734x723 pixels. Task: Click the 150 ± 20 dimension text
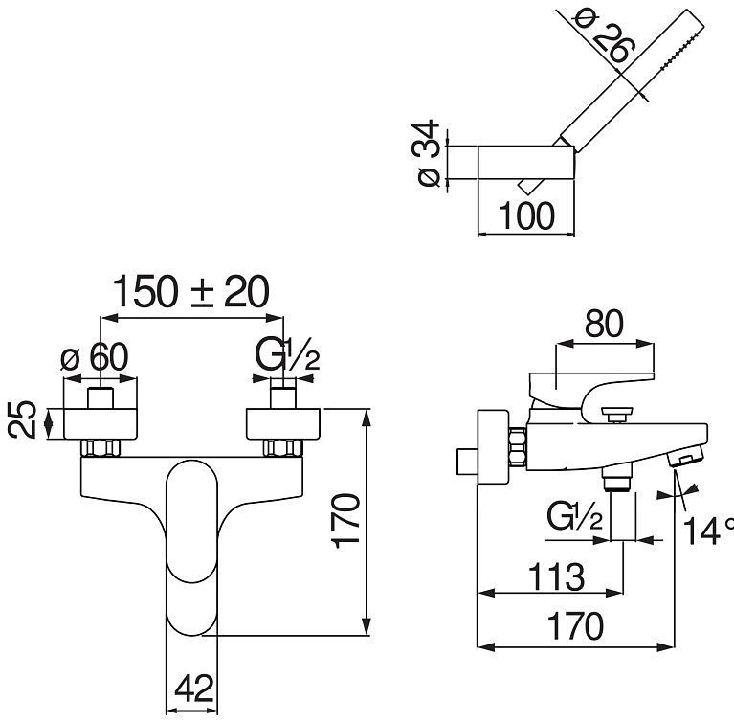pos(191,291)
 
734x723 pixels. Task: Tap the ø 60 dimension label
pos(94,356)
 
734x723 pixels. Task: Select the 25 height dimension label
pos(22,419)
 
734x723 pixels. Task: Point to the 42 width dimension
pos(194,689)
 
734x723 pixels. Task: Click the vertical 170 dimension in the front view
pos(345,521)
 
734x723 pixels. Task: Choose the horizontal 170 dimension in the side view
pos(575,626)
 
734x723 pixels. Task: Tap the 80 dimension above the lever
pos(604,323)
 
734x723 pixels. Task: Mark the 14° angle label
pos(708,530)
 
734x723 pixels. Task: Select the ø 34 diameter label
pos(427,153)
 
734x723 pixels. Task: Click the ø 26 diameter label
pos(605,36)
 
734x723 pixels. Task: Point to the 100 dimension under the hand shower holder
pos(526,216)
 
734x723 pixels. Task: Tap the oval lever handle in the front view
pos(192,548)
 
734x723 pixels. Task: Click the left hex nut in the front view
pos(100,448)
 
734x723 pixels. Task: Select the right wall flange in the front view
pos(283,424)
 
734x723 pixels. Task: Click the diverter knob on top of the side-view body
pos(617,415)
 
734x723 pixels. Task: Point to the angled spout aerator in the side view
pos(685,457)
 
